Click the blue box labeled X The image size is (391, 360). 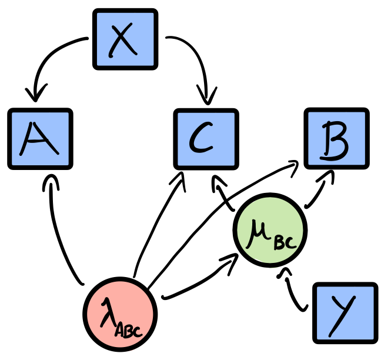tap(125, 39)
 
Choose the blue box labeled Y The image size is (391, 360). tap(345, 313)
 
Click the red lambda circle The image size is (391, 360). tap(120, 312)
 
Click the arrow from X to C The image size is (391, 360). tap(197, 56)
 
